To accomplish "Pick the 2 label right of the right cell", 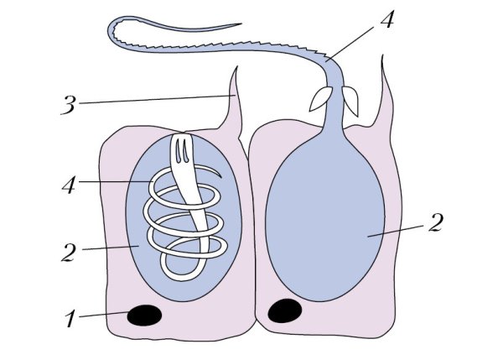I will (x=434, y=223).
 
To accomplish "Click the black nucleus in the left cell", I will (x=144, y=315).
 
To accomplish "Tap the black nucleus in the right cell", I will (x=285, y=311).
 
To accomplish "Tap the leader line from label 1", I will (x=105, y=316).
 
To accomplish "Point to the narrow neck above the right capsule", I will (x=334, y=122).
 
